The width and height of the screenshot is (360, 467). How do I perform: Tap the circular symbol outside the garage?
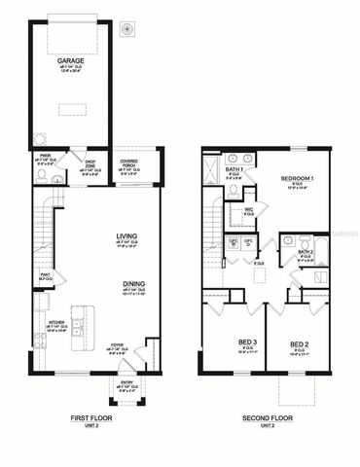point(125,31)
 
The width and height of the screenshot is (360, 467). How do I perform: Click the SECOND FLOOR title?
point(266,418)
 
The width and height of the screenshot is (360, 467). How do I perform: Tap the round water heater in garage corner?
point(40,138)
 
